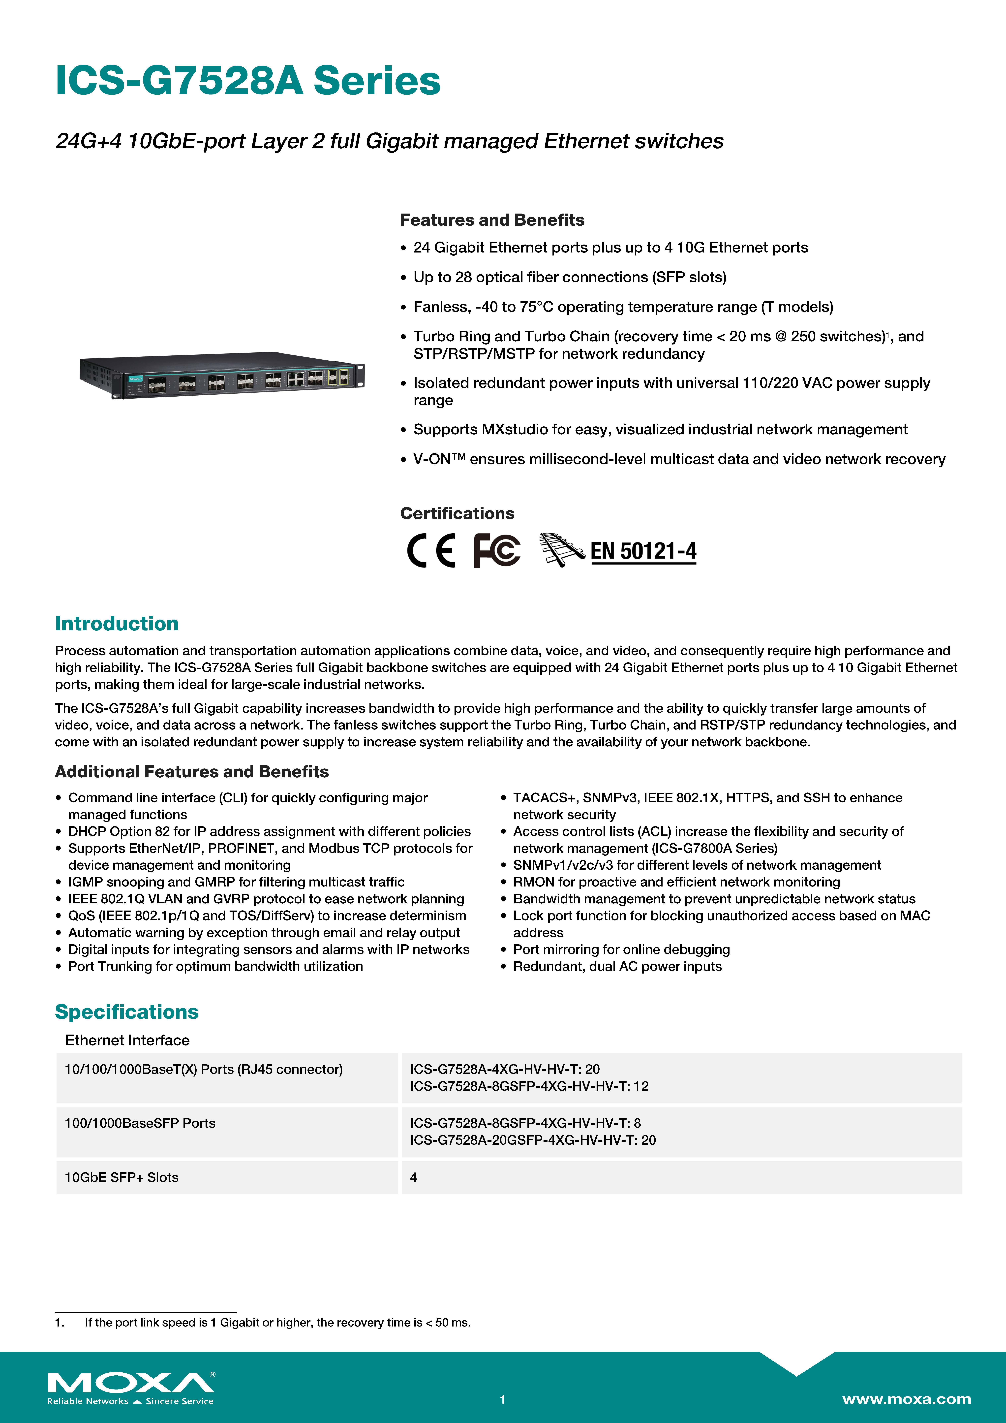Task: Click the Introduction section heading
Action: tap(117, 624)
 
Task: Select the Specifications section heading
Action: tap(126, 1012)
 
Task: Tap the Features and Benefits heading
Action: tap(491, 220)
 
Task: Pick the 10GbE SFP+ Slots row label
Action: tap(122, 1177)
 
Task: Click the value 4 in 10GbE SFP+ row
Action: tap(413, 1177)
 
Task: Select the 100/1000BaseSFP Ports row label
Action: tap(140, 1123)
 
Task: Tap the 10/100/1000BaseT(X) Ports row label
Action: tap(203, 1069)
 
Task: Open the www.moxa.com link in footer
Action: tap(906, 1399)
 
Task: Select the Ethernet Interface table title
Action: tap(127, 1040)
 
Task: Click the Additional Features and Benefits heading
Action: tap(191, 772)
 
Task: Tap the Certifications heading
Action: tap(457, 513)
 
